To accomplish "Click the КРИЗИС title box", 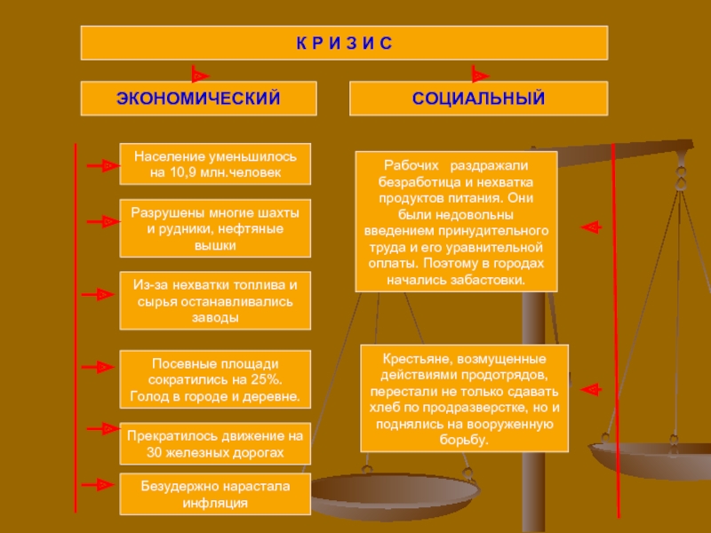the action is tap(344, 43).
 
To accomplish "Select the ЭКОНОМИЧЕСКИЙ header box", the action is tap(198, 98).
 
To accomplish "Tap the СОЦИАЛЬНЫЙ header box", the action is tap(478, 98).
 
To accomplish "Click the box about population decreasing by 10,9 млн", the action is tap(215, 163).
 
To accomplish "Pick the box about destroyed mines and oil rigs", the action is tap(215, 228).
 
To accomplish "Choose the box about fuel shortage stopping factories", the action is tap(215, 300).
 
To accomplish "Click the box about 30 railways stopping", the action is tap(215, 444).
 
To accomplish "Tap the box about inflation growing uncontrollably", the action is tap(215, 495).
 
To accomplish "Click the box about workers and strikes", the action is tap(457, 222).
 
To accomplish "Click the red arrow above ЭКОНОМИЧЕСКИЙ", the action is tap(201, 76).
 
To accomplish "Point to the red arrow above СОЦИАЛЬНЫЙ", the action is tap(480, 76).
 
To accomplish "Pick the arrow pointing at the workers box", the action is tap(590, 227).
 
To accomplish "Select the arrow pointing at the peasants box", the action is tap(590, 389).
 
